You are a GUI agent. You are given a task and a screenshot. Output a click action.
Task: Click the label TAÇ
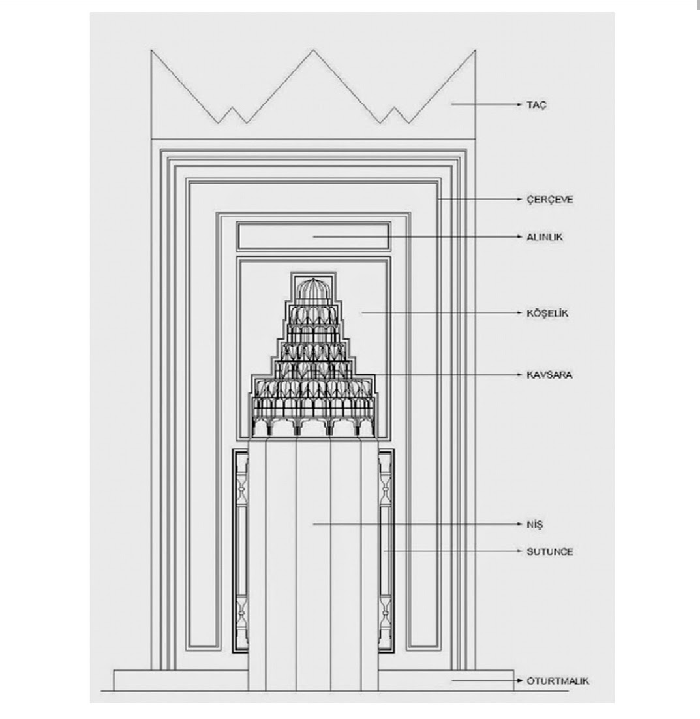coord(537,104)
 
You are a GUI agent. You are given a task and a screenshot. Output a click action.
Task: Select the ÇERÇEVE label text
coord(549,199)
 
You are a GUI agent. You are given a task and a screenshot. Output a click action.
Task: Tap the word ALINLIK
coord(544,237)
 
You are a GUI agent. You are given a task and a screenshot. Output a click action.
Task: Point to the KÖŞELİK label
coord(547,313)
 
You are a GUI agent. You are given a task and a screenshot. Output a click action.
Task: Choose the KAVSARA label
coord(549,375)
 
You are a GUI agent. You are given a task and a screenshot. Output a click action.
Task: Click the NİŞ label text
coord(534,524)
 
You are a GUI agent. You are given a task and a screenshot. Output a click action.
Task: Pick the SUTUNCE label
coord(549,552)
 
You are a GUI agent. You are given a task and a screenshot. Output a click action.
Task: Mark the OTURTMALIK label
coord(557,681)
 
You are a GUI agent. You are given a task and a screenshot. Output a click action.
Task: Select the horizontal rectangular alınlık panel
coord(313,236)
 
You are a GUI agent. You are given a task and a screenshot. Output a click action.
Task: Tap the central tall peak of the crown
coord(313,52)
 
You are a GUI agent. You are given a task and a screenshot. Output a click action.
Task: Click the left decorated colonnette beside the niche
coord(241,549)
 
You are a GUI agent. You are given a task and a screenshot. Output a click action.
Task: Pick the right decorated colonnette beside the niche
coord(386,549)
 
